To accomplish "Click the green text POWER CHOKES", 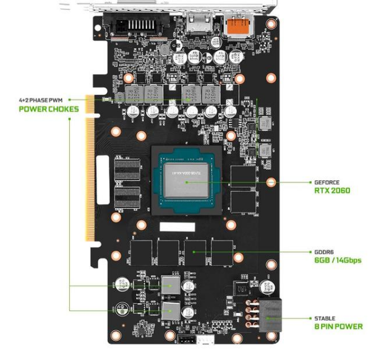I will click(49, 109).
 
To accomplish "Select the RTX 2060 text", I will click(332, 191).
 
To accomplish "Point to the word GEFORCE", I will click(328, 182).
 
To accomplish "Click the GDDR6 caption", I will click(325, 252).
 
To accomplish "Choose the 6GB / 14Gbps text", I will click(338, 260).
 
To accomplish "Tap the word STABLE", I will click(326, 319).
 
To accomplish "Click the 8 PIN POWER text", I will click(338, 327).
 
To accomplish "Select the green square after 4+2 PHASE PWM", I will click(70, 99).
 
